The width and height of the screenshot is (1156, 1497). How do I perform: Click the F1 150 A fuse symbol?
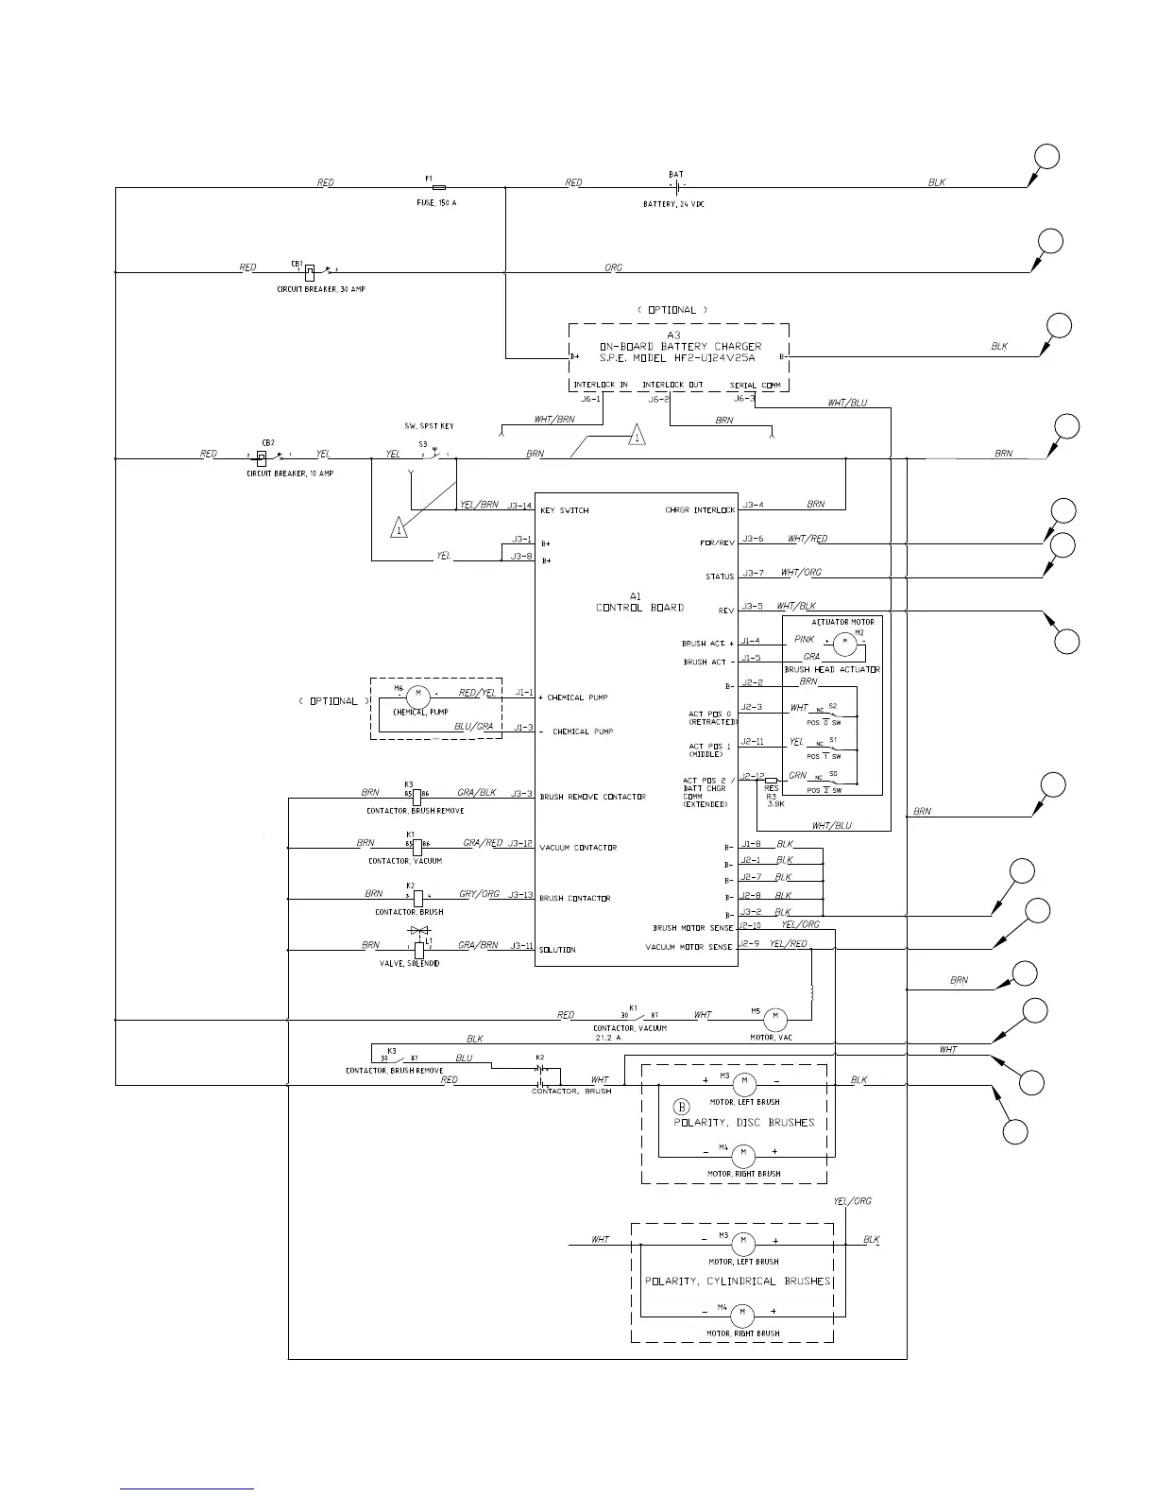(x=438, y=187)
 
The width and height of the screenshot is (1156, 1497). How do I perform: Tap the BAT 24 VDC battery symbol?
(x=676, y=186)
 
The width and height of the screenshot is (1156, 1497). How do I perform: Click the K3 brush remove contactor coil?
(x=416, y=795)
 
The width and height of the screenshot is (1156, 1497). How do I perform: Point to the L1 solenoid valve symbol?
(x=419, y=947)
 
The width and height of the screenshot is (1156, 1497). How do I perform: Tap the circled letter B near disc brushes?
(x=681, y=1107)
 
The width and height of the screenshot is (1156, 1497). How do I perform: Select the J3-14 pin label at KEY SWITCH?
(x=520, y=506)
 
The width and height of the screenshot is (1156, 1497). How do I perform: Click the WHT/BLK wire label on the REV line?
(x=795, y=606)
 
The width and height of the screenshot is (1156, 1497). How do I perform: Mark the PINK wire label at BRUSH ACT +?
(x=804, y=640)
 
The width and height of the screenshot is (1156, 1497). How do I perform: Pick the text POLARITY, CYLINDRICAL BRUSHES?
(x=738, y=1282)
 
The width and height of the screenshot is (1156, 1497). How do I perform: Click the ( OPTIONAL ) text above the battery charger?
(x=672, y=310)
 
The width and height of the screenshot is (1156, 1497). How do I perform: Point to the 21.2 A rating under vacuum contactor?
(x=608, y=1038)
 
